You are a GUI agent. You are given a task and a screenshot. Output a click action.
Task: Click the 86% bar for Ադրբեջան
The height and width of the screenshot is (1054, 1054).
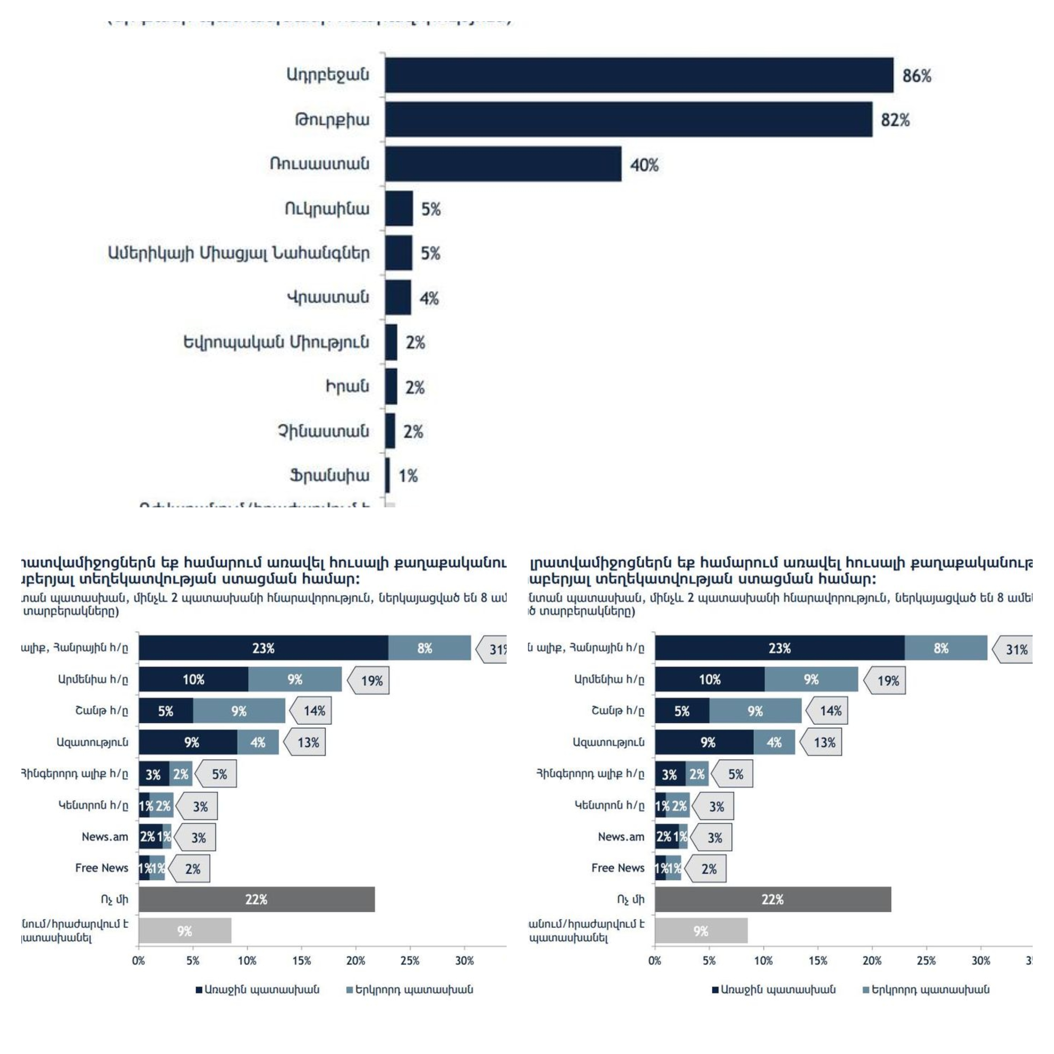coord(638,75)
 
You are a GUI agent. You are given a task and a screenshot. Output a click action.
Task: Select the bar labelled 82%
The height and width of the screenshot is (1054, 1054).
coord(627,119)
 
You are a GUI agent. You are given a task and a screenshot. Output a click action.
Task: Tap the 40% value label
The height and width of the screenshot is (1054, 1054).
coord(644,165)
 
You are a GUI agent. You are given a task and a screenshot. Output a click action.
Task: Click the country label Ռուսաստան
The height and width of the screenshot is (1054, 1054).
coord(319,164)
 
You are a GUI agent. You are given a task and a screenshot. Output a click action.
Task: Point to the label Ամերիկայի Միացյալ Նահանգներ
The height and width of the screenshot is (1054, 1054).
coord(238,253)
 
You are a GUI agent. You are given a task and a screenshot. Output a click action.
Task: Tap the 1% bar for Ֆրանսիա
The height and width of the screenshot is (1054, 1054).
coord(388,475)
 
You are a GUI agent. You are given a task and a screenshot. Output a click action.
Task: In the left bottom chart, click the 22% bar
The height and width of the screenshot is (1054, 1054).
coord(256,900)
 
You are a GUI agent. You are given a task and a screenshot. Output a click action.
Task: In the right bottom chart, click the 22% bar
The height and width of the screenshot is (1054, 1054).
coord(772,900)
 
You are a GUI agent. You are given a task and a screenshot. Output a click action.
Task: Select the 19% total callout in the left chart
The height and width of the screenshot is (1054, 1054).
coord(370,681)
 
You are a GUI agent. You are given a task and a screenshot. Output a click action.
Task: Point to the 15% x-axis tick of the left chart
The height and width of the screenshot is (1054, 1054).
coord(301,961)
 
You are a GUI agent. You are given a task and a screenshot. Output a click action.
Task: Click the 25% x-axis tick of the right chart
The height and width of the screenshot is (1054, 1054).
coord(926,961)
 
